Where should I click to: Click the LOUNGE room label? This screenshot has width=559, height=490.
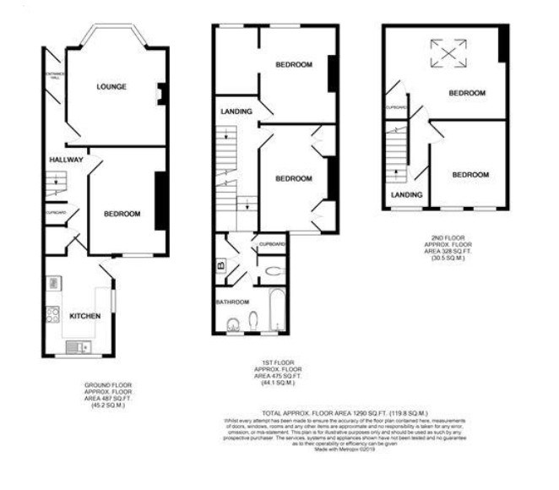click(111, 87)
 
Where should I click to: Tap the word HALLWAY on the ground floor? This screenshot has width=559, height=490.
click(65, 159)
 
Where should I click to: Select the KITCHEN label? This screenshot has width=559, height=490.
click(85, 316)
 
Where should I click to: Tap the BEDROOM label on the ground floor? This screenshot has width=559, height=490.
click(122, 214)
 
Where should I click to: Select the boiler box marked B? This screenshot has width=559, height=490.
click(221, 265)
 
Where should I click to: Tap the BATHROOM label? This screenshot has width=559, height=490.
click(231, 302)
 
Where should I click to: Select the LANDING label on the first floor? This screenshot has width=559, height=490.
click(235, 111)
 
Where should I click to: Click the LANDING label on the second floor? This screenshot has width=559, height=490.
click(406, 195)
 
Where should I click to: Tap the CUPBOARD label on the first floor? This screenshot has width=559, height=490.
click(273, 244)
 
